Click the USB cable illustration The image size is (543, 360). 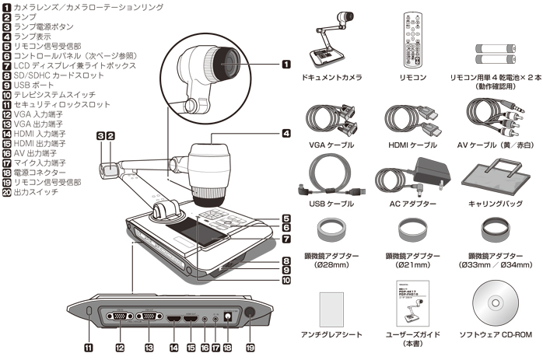[328, 180]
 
